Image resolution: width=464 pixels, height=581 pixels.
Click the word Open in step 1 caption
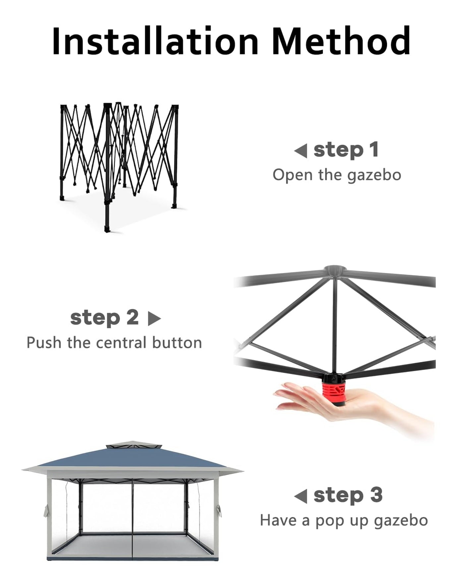pos(292,175)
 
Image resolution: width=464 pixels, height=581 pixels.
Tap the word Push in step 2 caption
pos(44,342)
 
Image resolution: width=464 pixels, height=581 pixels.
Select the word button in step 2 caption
pos(177,342)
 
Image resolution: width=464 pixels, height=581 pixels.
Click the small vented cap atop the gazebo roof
pos(132,445)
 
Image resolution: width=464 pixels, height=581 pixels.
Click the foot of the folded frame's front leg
pos(107,229)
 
